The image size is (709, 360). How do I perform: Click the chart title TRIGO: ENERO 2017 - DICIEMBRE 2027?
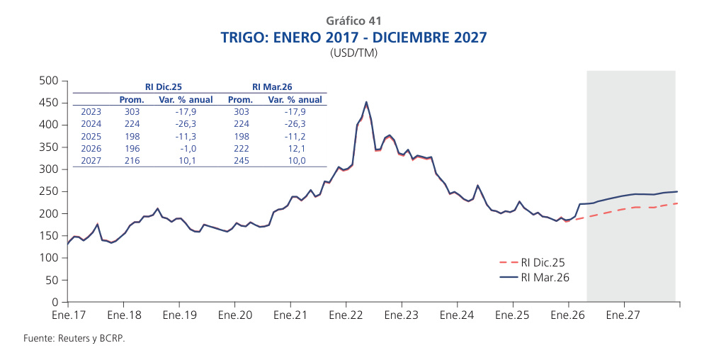[354, 37]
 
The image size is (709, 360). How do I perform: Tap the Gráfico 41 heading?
[354, 21]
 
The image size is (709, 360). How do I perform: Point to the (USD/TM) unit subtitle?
[354, 53]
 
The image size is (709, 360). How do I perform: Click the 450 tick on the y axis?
[48, 103]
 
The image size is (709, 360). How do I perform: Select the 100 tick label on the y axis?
[48, 258]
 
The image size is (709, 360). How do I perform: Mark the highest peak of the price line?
[365, 102]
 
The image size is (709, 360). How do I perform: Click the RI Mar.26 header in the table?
[273, 86]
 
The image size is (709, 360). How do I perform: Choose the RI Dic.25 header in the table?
[164, 86]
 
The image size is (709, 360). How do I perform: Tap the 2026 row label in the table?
[91, 149]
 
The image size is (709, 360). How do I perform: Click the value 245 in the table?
[242, 161]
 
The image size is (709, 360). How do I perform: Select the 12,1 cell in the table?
[295, 149]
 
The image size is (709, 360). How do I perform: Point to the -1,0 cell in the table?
[186, 149]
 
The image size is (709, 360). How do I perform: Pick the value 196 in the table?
[132, 149]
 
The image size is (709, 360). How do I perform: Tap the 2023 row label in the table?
[91, 112]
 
